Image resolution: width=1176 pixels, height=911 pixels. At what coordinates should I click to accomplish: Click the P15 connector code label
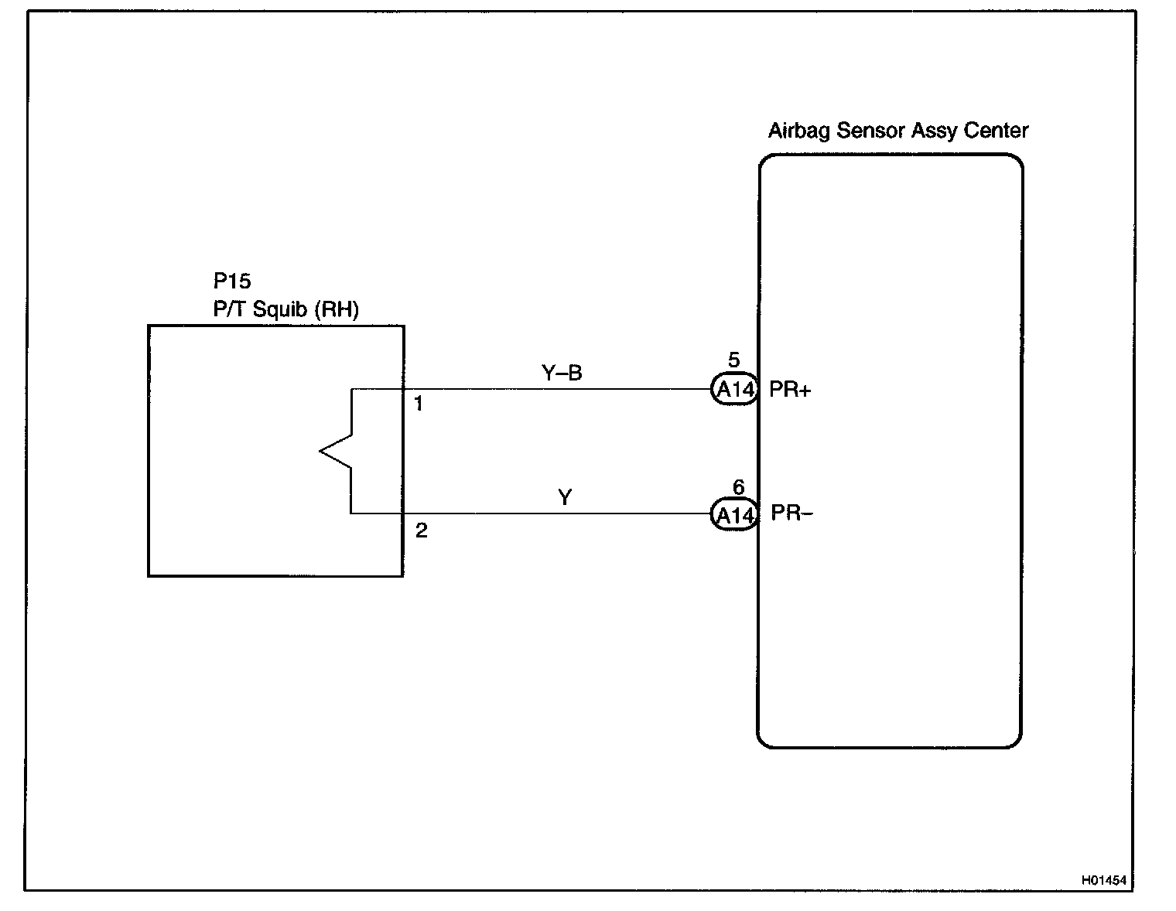tap(232, 281)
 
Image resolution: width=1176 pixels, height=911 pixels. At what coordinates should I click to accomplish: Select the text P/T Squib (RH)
tap(285, 309)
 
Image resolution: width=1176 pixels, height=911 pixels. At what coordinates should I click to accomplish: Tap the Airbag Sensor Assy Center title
tap(897, 131)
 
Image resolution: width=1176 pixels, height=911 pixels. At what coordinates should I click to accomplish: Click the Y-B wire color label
tap(562, 373)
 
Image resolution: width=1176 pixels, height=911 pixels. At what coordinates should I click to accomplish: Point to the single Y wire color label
tap(565, 497)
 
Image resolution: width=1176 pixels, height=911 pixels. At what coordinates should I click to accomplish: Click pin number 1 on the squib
tap(419, 404)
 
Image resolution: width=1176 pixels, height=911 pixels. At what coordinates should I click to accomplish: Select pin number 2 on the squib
tap(421, 531)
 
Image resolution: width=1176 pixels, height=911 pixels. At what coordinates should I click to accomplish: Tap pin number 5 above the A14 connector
tap(733, 360)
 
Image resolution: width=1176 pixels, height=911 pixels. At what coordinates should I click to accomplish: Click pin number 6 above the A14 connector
tap(738, 487)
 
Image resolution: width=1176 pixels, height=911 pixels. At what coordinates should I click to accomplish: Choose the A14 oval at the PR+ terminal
tap(734, 390)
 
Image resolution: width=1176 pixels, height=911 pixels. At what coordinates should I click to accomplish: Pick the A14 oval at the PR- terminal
tap(734, 515)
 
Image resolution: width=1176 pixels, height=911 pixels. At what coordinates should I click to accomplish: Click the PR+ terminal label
tap(790, 390)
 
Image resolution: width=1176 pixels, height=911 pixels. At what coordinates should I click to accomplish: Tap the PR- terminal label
tap(791, 514)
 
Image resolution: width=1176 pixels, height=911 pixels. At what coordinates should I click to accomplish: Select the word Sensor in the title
tap(870, 131)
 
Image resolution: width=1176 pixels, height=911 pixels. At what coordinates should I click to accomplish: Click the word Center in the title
tap(996, 131)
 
